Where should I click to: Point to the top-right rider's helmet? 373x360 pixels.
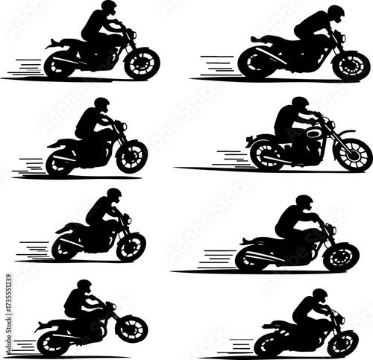(336, 13)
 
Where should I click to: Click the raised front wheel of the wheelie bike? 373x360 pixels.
(132, 329)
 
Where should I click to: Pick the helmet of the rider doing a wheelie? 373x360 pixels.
(84, 285)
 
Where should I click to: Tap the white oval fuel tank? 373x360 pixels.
(314, 133)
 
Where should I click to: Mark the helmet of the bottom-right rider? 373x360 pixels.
(319, 295)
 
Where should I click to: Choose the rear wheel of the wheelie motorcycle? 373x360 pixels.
(54, 343)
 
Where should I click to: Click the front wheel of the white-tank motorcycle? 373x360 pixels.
(352, 154)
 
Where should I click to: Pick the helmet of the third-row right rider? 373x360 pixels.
(304, 202)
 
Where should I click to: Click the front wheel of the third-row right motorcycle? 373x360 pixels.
(342, 256)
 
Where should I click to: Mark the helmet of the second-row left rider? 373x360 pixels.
(102, 104)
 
